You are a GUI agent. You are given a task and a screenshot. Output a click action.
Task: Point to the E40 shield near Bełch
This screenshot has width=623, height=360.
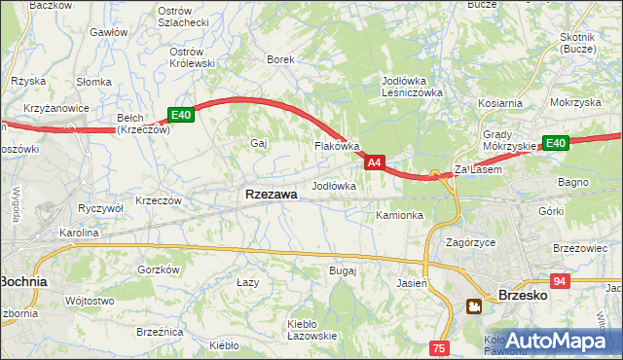pyautogui.click(x=181, y=115)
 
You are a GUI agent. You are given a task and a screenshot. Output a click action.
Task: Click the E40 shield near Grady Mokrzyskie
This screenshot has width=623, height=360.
pyautogui.click(x=556, y=143)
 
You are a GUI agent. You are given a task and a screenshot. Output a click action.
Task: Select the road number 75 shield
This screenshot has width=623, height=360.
pyautogui.click(x=439, y=347)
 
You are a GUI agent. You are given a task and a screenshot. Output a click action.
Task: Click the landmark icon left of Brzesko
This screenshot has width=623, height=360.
pyautogui.click(x=474, y=306)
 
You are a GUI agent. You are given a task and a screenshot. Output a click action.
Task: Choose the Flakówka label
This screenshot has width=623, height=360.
pyautogui.click(x=337, y=146)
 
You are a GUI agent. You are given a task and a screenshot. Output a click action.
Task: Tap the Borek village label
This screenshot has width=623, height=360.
pyautogui.click(x=281, y=59)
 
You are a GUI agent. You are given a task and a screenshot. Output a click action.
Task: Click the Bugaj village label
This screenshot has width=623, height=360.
pyautogui.click(x=343, y=270)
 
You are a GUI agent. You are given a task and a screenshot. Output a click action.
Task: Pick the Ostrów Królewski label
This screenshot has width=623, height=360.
pyautogui.click(x=192, y=57)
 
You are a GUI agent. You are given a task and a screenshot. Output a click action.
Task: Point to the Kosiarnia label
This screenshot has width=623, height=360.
pyautogui.click(x=500, y=102)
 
